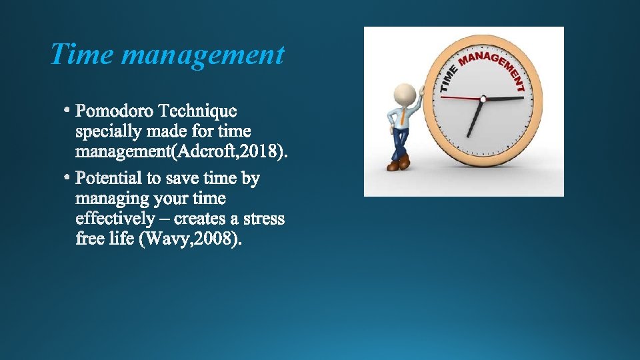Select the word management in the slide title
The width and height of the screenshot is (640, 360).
(203, 56)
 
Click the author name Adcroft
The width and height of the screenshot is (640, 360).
(207, 152)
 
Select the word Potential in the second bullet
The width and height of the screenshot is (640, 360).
(109, 178)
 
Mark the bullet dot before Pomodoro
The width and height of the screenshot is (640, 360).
(68, 107)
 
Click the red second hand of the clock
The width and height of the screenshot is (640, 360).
(460, 99)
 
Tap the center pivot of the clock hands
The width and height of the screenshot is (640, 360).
(483, 100)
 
